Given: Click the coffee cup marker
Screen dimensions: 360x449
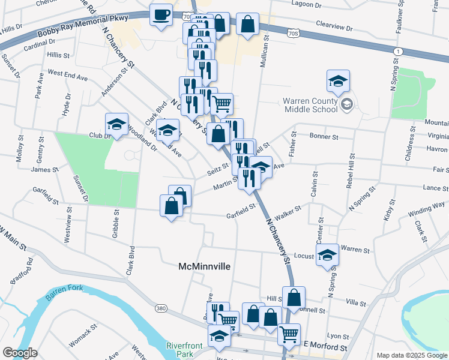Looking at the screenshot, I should coord(160,15).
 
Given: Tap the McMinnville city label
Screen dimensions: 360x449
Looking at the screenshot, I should coord(206,266).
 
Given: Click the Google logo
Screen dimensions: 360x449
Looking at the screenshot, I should coord(20,352).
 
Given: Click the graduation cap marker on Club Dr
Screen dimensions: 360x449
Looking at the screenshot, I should coord(116,125).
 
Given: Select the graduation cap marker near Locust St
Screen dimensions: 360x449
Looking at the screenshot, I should coord(327,255).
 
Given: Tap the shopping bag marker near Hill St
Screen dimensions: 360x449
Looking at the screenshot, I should coord(294,297).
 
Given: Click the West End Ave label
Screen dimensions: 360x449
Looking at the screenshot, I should coord(68,76).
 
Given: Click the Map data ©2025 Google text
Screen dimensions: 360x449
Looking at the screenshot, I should coord(411,355).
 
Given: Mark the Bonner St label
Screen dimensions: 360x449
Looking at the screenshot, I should coord(325,136).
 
